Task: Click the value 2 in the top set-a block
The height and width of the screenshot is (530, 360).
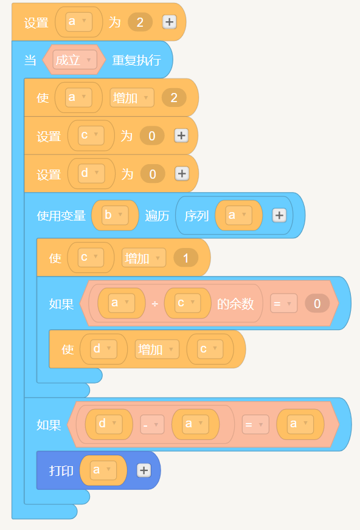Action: (x=140, y=22)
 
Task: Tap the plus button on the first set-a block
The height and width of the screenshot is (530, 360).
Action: (x=169, y=22)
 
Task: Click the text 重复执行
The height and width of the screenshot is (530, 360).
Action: (x=137, y=60)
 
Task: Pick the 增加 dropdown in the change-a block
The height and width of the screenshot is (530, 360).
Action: (x=132, y=98)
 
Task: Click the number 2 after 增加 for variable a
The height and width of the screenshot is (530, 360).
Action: (x=174, y=98)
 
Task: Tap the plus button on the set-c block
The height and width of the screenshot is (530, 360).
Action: (x=182, y=136)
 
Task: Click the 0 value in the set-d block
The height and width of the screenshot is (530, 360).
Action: (x=153, y=174)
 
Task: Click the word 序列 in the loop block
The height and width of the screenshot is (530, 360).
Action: (x=196, y=216)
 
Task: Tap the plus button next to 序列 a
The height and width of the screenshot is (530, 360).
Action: (x=279, y=215)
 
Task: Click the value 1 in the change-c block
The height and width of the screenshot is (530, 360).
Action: (x=185, y=258)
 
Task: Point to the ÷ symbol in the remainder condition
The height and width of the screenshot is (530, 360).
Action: (x=155, y=304)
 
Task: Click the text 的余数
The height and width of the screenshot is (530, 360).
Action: (x=235, y=304)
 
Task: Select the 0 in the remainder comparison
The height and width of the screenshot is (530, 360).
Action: (x=317, y=303)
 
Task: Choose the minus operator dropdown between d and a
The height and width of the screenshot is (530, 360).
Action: (x=153, y=424)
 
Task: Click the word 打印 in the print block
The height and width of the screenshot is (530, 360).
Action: (x=61, y=470)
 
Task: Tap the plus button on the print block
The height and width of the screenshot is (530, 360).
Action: (x=144, y=470)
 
